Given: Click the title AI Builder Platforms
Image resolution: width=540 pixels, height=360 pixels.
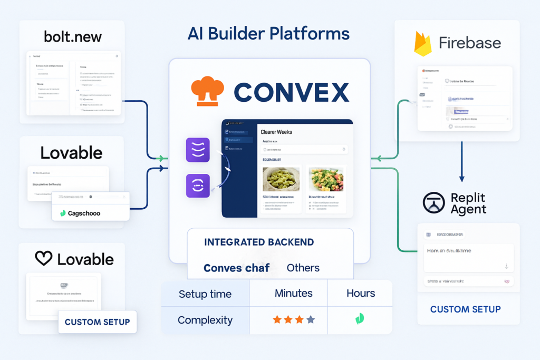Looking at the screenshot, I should (268, 34).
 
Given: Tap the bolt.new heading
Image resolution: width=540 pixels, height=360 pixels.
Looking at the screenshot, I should (73, 37).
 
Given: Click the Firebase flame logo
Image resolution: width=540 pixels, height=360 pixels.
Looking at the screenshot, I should (423, 43).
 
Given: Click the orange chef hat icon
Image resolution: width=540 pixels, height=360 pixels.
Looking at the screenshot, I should (207, 91).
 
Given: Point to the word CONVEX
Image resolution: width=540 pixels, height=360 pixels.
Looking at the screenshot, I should (291, 92).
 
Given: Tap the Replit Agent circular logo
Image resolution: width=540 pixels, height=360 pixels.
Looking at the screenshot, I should (433, 203).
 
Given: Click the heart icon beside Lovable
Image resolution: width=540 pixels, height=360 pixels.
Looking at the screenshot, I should (44, 258).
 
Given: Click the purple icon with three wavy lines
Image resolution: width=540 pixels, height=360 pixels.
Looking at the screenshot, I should (198, 150).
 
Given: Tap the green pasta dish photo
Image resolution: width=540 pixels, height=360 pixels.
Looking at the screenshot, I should (282, 179).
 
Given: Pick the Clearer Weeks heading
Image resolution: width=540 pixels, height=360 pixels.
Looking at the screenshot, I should (276, 132).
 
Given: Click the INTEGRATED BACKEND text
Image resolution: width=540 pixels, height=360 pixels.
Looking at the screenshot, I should (259, 242).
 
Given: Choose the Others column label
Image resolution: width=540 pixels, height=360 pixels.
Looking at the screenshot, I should (303, 268).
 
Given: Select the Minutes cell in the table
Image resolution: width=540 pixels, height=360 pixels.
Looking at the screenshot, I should (293, 294).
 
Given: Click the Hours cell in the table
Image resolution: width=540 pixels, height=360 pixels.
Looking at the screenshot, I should (361, 294).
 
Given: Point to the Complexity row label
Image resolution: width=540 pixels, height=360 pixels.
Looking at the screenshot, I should (205, 320).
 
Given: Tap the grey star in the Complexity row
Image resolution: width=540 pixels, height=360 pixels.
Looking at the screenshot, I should (311, 319).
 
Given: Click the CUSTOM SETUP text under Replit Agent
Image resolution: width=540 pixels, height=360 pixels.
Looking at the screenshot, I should (465, 309).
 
